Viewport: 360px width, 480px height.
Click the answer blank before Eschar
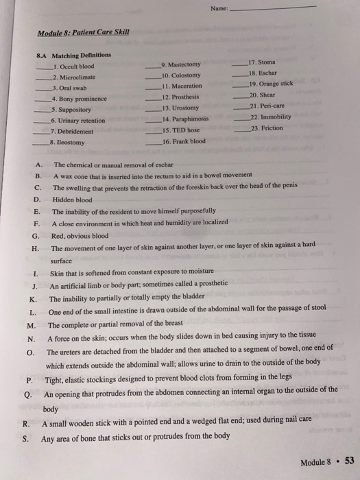point(241,74)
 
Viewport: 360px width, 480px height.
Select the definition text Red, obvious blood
point(80,235)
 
